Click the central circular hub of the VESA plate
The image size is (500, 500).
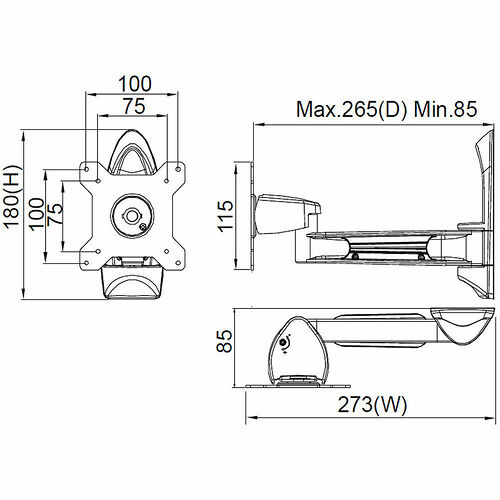tap(131, 213)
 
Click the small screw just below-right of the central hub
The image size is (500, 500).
tap(146, 227)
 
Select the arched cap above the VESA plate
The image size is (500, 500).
tap(131, 150)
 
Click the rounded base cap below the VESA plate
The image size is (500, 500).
tap(131, 282)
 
